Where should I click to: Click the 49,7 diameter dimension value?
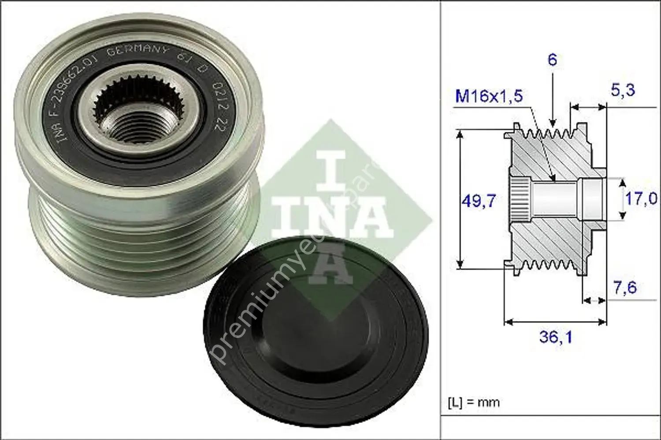479,201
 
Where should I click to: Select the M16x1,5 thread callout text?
489,95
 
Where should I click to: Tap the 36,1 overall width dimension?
555,337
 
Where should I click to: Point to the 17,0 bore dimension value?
641,198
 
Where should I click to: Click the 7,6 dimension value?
625,288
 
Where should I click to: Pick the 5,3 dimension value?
623,90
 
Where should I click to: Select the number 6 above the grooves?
552,59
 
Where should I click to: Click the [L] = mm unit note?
474,402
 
